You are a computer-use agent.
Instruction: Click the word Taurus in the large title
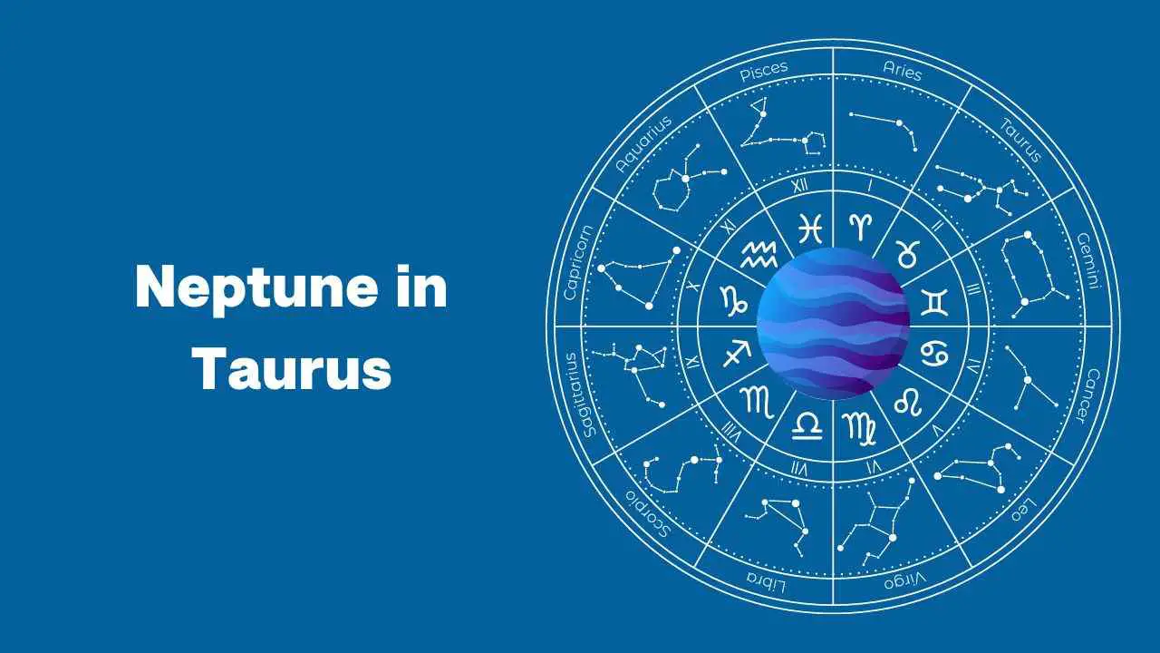pyautogui.click(x=292, y=368)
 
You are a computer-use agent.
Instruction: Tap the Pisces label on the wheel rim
pyautogui.click(x=764, y=71)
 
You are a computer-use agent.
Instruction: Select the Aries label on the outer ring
pyautogui.click(x=902, y=71)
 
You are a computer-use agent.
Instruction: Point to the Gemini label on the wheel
pyautogui.click(x=1088, y=260)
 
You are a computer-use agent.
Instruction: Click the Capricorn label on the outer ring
pyautogui.click(x=577, y=262)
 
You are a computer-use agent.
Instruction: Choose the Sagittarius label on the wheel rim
pyautogui.click(x=578, y=395)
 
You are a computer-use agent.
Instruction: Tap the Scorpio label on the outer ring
pyautogui.click(x=648, y=513)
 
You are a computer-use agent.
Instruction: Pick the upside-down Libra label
pyautogui.click(x=766, y=582)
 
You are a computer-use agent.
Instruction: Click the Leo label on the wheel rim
pyautogui.click(x=1023, y=510)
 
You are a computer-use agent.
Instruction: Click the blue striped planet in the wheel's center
pyautogui.click(x=833, y=324)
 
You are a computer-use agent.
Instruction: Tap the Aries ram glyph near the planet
pyautogui.click(x=860, y=227)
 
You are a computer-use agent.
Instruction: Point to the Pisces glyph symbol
pyautogui.click(x=810, y=228)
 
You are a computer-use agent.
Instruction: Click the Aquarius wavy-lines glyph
pyautogui.click(x=759, y=255)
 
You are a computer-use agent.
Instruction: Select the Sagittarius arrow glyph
pyautogui.click(x=737, y=354)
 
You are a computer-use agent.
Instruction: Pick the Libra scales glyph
pyautogui.click(x=807, y=426)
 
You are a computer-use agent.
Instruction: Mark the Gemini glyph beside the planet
pyautogui.click(x=934, y=303)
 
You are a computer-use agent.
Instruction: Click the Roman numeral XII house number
pyautogui.click(x=800, y=185)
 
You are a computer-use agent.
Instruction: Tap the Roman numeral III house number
pyautogui.click(x=973, y=289)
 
